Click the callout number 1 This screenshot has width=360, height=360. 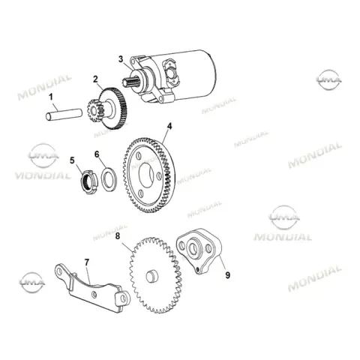click(51, 97)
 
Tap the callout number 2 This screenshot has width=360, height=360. click(95, 79)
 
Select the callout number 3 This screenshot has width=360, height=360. click(121, 59)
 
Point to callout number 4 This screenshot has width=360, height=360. click(169, 127)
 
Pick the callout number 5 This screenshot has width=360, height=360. click(72, 160)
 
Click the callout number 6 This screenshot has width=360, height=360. click(97, 154)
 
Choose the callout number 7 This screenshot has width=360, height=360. click(87, 262)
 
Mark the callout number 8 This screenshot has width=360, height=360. click(118, 236)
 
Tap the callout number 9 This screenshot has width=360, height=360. click(227, 275)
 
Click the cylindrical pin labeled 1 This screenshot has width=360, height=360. click(64, 114)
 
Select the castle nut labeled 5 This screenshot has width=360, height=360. click(88, 182)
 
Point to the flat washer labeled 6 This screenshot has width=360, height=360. click(109, 178)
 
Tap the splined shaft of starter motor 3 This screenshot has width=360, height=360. click(130, 82)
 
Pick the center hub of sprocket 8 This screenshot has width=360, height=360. click(152, 276)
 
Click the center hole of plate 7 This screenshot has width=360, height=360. click(94, 295)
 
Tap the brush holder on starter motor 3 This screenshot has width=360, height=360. click(172, 70)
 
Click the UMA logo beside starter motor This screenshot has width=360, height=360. click(328, 79)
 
